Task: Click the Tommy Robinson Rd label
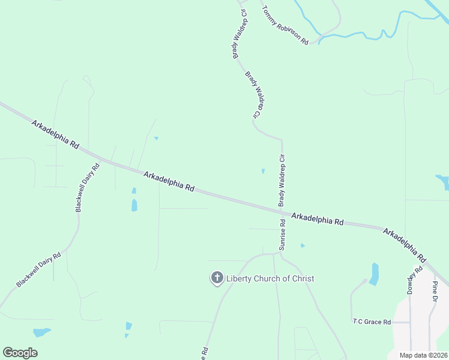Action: [286, 26]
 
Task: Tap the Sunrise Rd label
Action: [282, 235]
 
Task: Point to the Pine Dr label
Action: [435, 290]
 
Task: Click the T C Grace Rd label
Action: [372, 322]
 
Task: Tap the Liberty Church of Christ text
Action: [270, 278]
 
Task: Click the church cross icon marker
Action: [217, 278]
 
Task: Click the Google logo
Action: [20, 352]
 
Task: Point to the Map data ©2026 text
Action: [423, 355]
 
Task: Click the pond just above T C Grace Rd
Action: [375, 274]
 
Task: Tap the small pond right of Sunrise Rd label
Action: [303, 245]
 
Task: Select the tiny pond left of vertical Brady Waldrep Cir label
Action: [263, 172]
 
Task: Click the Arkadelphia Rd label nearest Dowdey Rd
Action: [405, 245]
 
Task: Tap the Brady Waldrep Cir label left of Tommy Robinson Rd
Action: [240, 34]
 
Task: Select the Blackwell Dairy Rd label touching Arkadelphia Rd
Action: [88, 187]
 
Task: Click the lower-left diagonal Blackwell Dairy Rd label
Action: [39, 269]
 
